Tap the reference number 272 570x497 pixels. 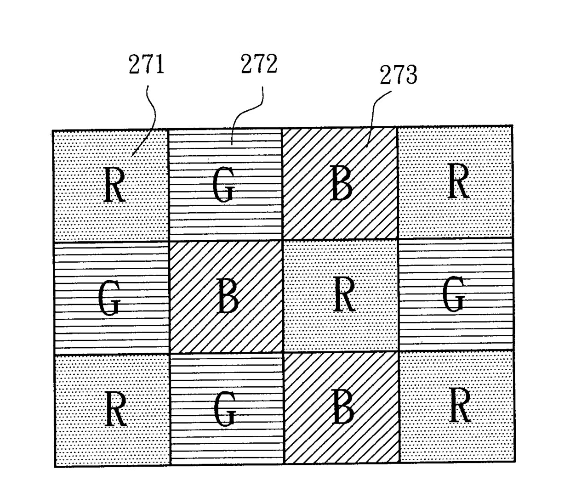(x=259, y=63)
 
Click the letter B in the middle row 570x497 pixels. (x=227, y=297)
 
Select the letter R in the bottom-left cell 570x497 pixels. (x=115, y=410)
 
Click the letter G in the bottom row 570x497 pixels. (x=225, y=410)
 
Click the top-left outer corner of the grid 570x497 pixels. (x=53, y=131)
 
